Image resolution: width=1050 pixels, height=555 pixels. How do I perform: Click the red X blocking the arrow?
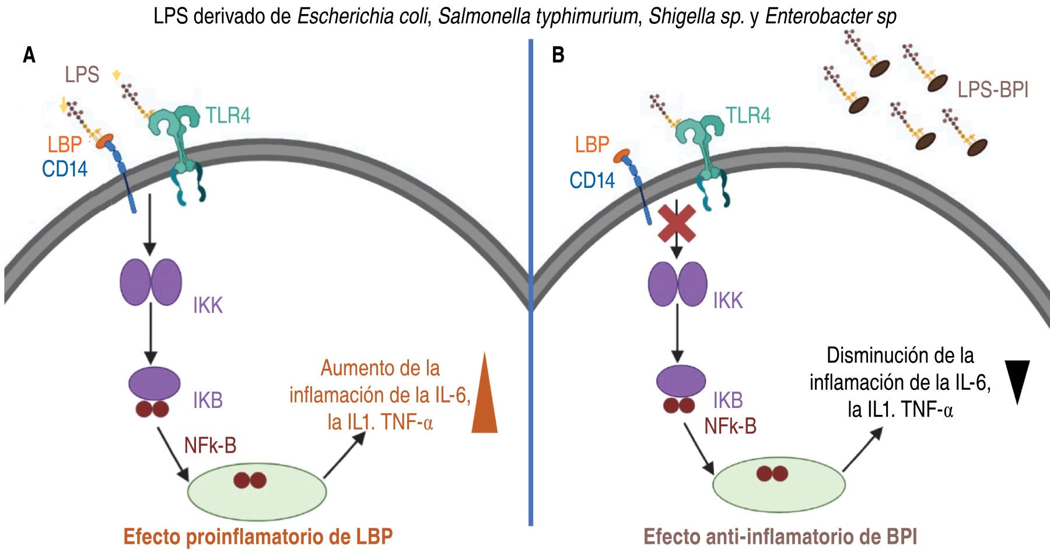(x=676, y=223)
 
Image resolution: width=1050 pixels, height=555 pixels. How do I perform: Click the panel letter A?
(x=29, y=55)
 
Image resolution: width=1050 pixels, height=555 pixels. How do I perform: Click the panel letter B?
(x=558, y=55)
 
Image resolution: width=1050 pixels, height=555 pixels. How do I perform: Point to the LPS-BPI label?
(x=993, y=90)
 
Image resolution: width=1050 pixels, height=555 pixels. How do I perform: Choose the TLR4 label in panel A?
(x=228, y=116)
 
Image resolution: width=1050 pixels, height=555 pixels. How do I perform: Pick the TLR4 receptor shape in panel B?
(x=703, y=146)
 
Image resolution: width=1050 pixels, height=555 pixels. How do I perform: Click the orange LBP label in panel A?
(x=64, y=145)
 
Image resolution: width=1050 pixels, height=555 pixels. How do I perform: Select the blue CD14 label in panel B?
(x=592, y=180)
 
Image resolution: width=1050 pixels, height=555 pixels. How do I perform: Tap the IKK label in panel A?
(x=208, y=305)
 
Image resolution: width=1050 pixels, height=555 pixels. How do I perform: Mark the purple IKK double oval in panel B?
(x=677, y=284)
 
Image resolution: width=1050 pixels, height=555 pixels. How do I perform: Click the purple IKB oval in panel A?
(x=154, y=383)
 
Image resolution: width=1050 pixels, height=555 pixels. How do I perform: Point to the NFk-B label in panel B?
(x=730, y=427)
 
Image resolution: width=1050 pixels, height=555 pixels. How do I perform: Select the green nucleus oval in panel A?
(x=257, y=491)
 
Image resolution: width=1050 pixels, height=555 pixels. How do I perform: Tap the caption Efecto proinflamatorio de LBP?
(x=258, y=536)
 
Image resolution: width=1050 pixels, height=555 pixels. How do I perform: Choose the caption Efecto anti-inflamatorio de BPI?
(x=780, y=536)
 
